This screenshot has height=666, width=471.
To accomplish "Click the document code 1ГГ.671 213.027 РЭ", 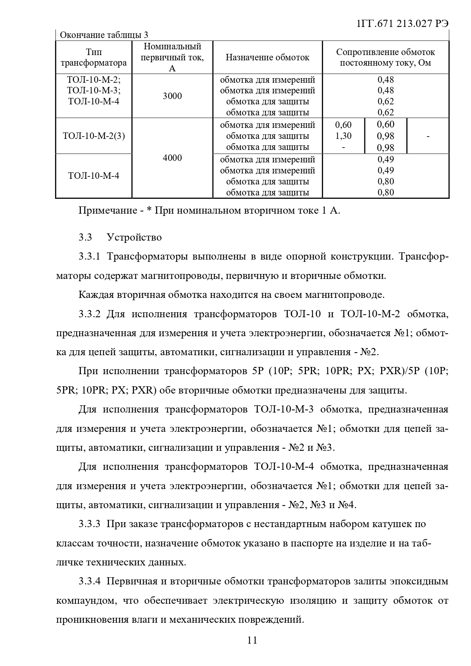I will click(403, 24).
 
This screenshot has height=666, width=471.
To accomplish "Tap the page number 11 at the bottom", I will click(252, 640).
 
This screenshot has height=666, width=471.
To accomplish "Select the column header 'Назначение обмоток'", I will click(267, 57).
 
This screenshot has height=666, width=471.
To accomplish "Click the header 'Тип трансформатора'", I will click(94, 57).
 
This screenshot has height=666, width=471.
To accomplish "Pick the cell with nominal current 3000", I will click(172, 96).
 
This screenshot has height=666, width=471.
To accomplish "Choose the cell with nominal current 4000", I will click(172, 158).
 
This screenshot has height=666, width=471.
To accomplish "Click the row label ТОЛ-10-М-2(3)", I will click(94, 136).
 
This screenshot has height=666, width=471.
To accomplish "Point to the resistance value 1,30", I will click(343, 136).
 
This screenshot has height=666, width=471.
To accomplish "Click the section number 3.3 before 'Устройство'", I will click(85, 237).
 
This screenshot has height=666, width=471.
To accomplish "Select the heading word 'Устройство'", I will click(134, 237).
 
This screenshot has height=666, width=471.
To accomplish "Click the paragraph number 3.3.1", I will click(90, 257).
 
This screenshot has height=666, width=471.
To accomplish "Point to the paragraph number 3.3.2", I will click(90, 314).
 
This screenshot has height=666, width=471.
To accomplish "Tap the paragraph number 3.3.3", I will click(90, 524).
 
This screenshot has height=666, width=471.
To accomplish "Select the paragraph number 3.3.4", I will click(90, 581).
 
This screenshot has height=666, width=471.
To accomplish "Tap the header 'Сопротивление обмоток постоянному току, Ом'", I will click(385, 57).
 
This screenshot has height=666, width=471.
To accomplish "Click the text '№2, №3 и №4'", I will click(322, 505).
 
